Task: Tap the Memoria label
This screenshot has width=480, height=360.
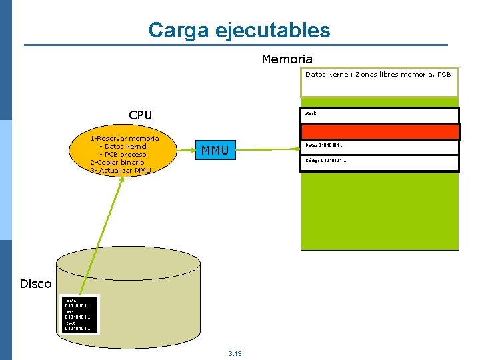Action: pyautogui.click(x=287, y=59)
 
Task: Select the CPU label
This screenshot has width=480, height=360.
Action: pyautogui.click(x=140, y=115)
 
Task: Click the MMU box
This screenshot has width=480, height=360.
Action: pyautogui.click(x=215, y=151)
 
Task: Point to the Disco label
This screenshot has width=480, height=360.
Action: pyautogui.click(x=35, y=284)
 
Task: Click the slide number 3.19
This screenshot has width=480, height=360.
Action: pyautogui.click(x=235, y=353)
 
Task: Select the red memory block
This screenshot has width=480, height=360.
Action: pyautogui.click(x=379, y=131)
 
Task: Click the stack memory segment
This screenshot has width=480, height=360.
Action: pyautogui.click(x=379, y=115)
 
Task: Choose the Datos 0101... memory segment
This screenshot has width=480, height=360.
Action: pyautogui.click(x=379, y=147)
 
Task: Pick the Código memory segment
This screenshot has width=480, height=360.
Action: pyautogui.click(x=379, y=162)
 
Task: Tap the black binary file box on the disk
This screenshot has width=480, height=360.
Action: pyautogui.click(x=79, y=314)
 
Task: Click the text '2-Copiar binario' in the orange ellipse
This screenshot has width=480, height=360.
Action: pyautogui.click(x=117, y=163)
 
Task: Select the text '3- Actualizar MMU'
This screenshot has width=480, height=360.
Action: pyautogui.click(x=121, y=171)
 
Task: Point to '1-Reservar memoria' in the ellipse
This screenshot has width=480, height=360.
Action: pyautogui.click(x=125, y=139)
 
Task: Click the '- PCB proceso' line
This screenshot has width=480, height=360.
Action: pyautogui.click(x=123, y=155)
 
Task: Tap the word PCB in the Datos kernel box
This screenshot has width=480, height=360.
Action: pyautogui.click(x=444, y=75)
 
